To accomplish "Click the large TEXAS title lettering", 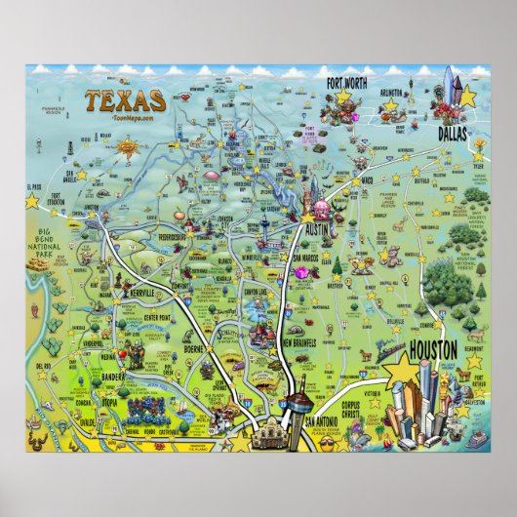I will [x=123, y=99].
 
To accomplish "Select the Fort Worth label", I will [x=347, y=82].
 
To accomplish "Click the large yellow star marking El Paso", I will [x=32, y=200].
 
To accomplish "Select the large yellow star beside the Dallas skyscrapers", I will [x=466, y=96].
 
